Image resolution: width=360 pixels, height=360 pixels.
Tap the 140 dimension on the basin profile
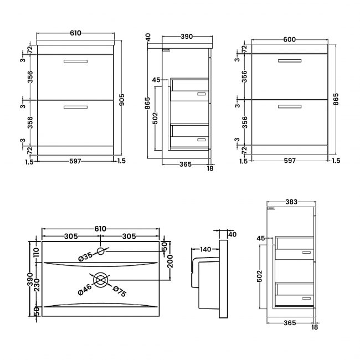coord(205,250)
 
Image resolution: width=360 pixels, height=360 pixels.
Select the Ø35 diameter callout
coord(85,257)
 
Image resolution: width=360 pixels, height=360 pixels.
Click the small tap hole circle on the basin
coord(101,251)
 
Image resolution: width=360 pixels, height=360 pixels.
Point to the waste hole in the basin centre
coord(101,280)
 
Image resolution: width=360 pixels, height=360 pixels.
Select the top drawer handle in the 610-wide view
coord(75,61)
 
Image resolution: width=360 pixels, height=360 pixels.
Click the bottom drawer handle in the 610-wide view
coord(75,107)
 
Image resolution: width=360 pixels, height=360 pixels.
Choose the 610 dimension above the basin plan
coord(100,228)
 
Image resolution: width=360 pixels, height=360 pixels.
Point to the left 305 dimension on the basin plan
coord(70,236)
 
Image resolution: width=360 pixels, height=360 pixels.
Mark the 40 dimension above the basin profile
coord(232,235)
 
